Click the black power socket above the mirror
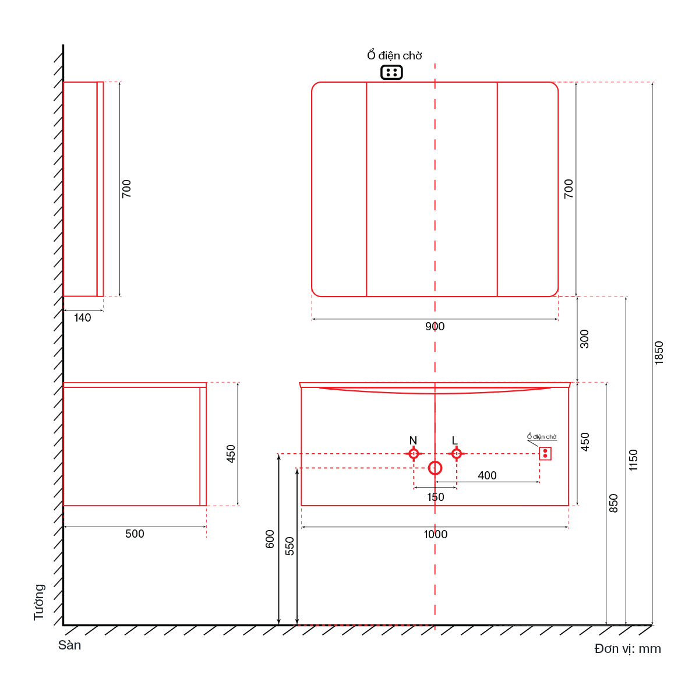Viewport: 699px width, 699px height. coord(391,72)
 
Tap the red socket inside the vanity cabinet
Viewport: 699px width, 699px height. coord(545,453)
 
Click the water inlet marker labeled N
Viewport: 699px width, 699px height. coord(413,453)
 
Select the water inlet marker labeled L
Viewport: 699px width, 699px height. coord(456,453)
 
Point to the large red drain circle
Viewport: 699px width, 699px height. coord(435,468)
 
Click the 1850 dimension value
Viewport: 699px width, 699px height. coord(658,352)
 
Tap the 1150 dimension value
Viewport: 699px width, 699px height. coord(633,460)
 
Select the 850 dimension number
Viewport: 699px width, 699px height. coord(613,503)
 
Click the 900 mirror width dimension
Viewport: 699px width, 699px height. coord(435,326)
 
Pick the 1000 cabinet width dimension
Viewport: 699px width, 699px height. coord(435,534)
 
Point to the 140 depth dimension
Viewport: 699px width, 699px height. coord(82,318)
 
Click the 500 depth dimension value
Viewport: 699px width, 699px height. coord(135,534)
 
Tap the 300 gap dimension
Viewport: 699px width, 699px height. coord(584,339)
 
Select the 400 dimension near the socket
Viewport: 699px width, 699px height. coord(487,475)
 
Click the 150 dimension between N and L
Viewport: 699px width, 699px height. coord(435,497)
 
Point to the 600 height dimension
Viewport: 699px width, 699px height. coord(270,539)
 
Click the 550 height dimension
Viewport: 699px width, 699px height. coord(290,546)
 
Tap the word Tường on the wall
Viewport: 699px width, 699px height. coord(39,602)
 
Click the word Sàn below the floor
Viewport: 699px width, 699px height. coord(69,645)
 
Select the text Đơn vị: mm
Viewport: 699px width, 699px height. coord(627,648)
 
